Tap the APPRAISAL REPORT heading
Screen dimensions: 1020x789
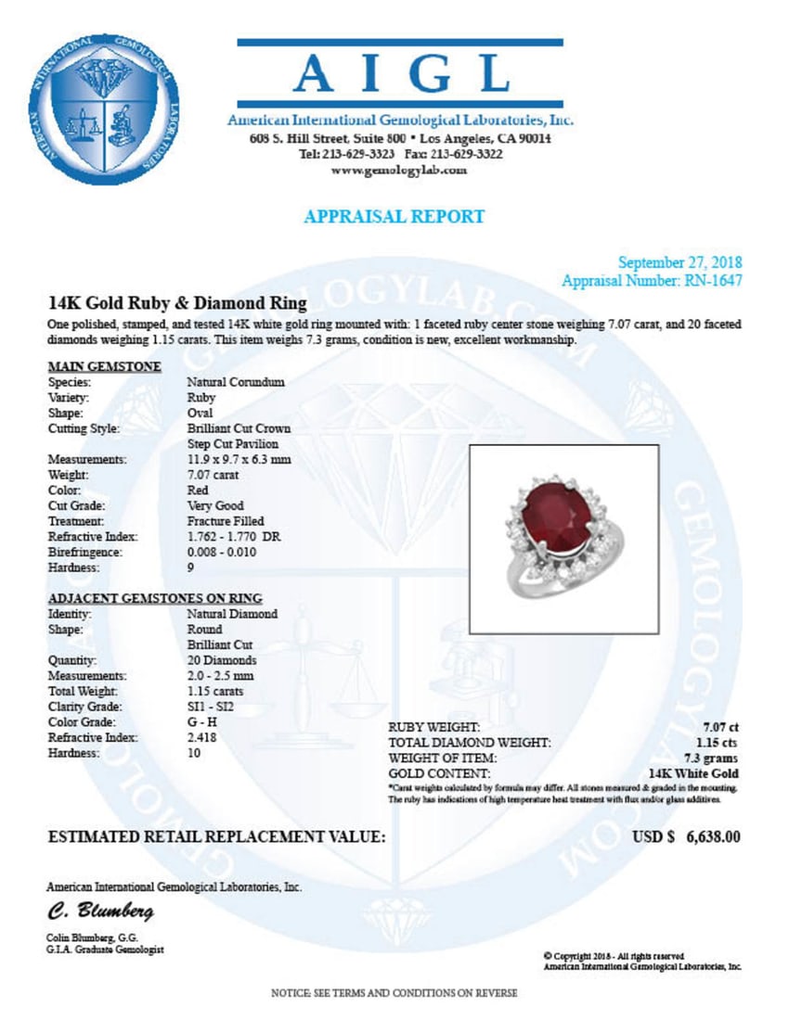(x=394, y=216)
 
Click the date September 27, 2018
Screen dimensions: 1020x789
(x=680, y=263)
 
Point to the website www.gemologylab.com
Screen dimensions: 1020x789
(x=399, y=171)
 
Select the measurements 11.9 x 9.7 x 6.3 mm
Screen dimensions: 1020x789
(x=239, y=459)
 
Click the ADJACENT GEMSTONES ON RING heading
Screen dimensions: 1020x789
(x=154, y=597)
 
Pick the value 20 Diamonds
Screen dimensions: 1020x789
(x=222, y=661)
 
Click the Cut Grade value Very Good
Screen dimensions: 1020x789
(x=215, y=506)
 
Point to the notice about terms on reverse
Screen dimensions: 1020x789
(x=394, y=993)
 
